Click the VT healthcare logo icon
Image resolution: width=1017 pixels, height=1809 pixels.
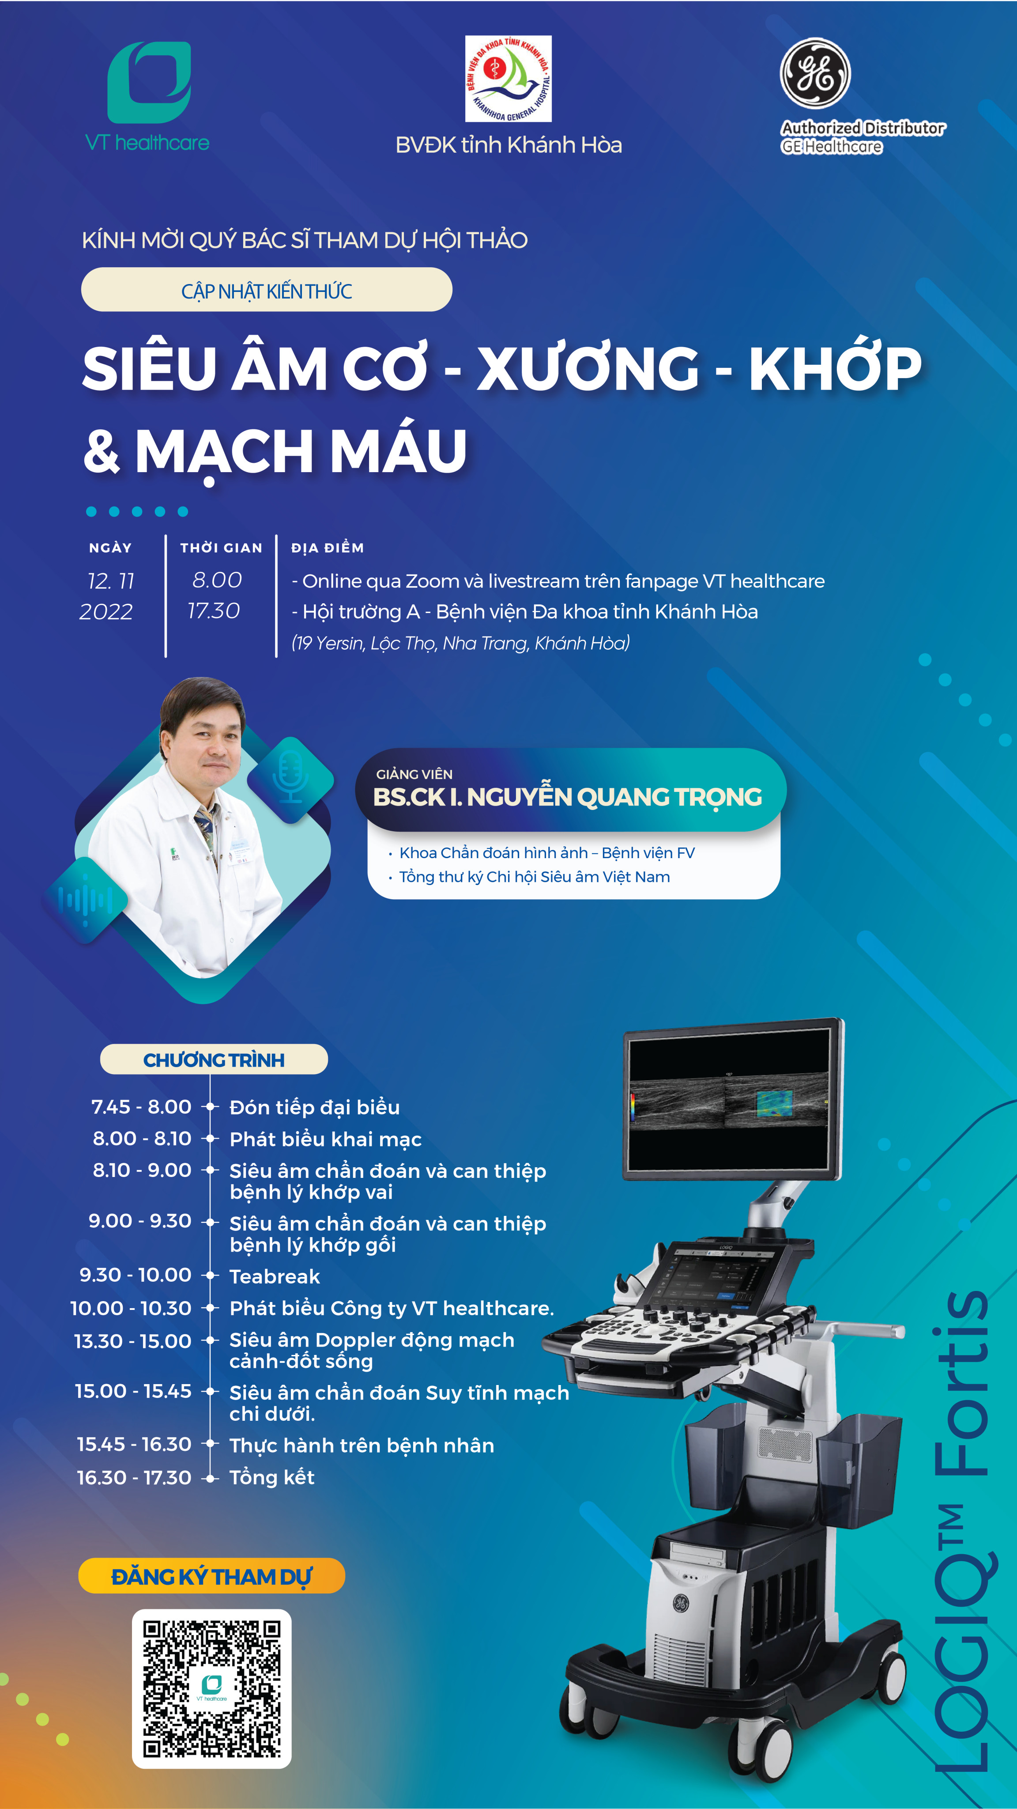click(149, 82)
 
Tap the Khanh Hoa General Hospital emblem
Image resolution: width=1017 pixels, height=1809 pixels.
click(508, 79)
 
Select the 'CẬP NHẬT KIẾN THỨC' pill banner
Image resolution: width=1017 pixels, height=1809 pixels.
click(267, 289)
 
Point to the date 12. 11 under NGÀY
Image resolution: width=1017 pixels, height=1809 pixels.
click(110, 581)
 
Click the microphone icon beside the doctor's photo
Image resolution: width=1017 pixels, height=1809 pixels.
click(290, 778)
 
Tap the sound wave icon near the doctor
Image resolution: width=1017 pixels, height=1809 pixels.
click(86, 900)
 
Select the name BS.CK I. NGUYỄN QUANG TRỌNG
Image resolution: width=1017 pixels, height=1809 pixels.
click(568, 797)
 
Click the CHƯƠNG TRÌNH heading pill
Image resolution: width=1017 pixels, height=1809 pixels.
click(214, 1059)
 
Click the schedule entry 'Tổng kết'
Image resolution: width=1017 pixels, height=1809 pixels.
click(271, 1477)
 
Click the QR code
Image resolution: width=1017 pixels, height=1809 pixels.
click(212, 1689)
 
